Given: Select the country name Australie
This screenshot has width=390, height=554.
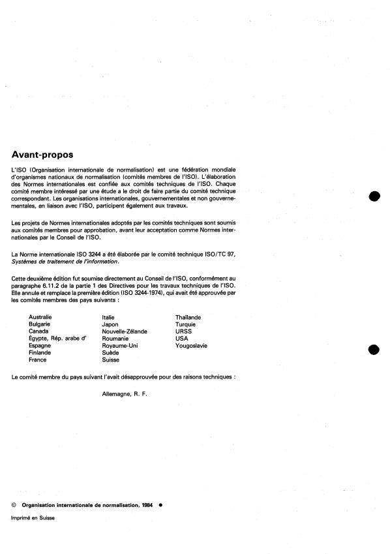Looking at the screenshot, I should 40,317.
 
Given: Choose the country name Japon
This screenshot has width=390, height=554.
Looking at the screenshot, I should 110,324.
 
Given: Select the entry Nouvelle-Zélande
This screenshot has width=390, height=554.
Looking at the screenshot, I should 125,331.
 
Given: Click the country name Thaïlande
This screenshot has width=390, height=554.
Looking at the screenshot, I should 188,317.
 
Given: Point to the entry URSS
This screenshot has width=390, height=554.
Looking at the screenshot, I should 183,331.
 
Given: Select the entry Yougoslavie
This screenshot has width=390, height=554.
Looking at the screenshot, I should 191,346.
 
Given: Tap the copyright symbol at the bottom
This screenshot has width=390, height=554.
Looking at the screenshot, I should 14,504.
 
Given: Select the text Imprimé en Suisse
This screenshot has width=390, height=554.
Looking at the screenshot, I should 33,517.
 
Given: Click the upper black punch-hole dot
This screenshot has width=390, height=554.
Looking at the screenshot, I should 374,197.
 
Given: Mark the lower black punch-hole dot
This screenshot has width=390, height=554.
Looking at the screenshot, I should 374,350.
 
